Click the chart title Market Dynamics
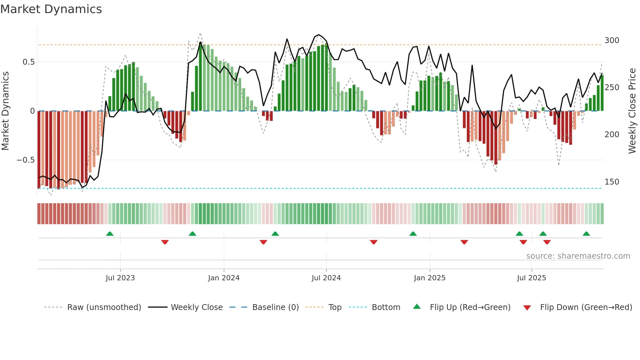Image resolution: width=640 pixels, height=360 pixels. click(x=51, y=9)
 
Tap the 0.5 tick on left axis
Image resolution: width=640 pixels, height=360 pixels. click(x=28, y=62)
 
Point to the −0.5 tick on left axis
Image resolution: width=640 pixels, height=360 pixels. click(x=25, y=160)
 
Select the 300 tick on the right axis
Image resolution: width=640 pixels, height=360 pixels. click(x=612, y=41)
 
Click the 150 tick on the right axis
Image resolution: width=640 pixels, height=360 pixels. click(x=612, y=182)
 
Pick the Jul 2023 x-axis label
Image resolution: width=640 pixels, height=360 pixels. click(x=120, y=278)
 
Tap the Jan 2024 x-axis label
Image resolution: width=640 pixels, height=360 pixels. click(x=224, y=278)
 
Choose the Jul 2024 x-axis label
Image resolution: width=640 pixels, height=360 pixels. click(x=326, y=278)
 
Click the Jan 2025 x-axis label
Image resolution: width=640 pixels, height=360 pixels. click(x=429, y=278)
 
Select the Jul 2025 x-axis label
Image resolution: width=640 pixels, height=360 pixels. click(x=531, y=278)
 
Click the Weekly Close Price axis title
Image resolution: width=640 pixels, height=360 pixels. click(x=632, y=111)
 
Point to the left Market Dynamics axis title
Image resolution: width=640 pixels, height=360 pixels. click(x=5, y=111)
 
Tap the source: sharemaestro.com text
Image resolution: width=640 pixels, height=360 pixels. click(x=578, y=256)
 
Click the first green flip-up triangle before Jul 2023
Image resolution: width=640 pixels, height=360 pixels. click(x=110, y=234)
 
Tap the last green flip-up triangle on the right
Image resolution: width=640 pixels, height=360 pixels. click(x=586, y=234)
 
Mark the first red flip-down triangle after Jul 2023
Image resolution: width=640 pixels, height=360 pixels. click(x=165, y=242)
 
